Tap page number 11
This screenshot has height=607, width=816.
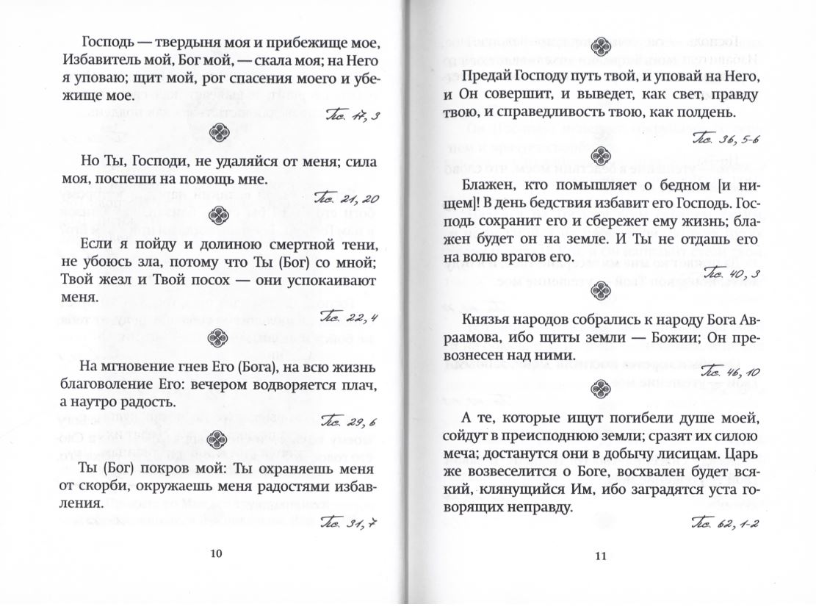click(599, 556)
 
